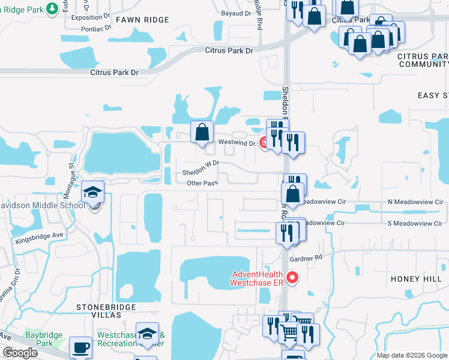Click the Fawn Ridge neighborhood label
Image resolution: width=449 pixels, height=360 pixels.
[143, 20]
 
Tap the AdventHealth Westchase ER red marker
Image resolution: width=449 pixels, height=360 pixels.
[292, 277]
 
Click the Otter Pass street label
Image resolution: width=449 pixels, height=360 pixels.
[202, 182]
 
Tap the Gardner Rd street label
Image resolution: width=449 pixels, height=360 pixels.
[306, 258]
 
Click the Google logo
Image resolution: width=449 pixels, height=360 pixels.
[20, 353]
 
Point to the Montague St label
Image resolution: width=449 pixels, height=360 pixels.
[71, 175]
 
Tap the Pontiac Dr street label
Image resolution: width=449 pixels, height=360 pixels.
[92, 28]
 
